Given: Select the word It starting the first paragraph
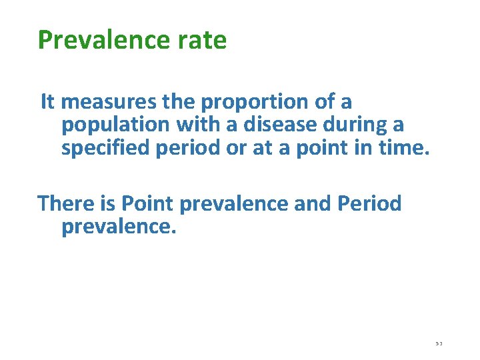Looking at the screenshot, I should pos(48,102).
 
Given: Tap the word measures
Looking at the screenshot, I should pos(109,102).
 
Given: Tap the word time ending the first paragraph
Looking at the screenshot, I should pos(405,147).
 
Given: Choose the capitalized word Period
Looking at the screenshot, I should pos(370,203).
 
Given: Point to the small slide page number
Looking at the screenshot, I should pos(439,343).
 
